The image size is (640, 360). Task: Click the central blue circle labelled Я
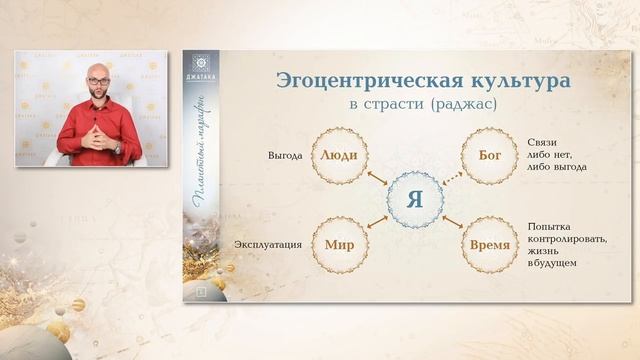[414, 197]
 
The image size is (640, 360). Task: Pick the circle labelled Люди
[338, 156]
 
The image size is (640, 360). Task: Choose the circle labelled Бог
[491, 156]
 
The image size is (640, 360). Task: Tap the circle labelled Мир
[338, 243]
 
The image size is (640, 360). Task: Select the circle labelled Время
[491, 243]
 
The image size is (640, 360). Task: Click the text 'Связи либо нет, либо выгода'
[552, 156]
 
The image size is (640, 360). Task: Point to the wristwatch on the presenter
[116, 147]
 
